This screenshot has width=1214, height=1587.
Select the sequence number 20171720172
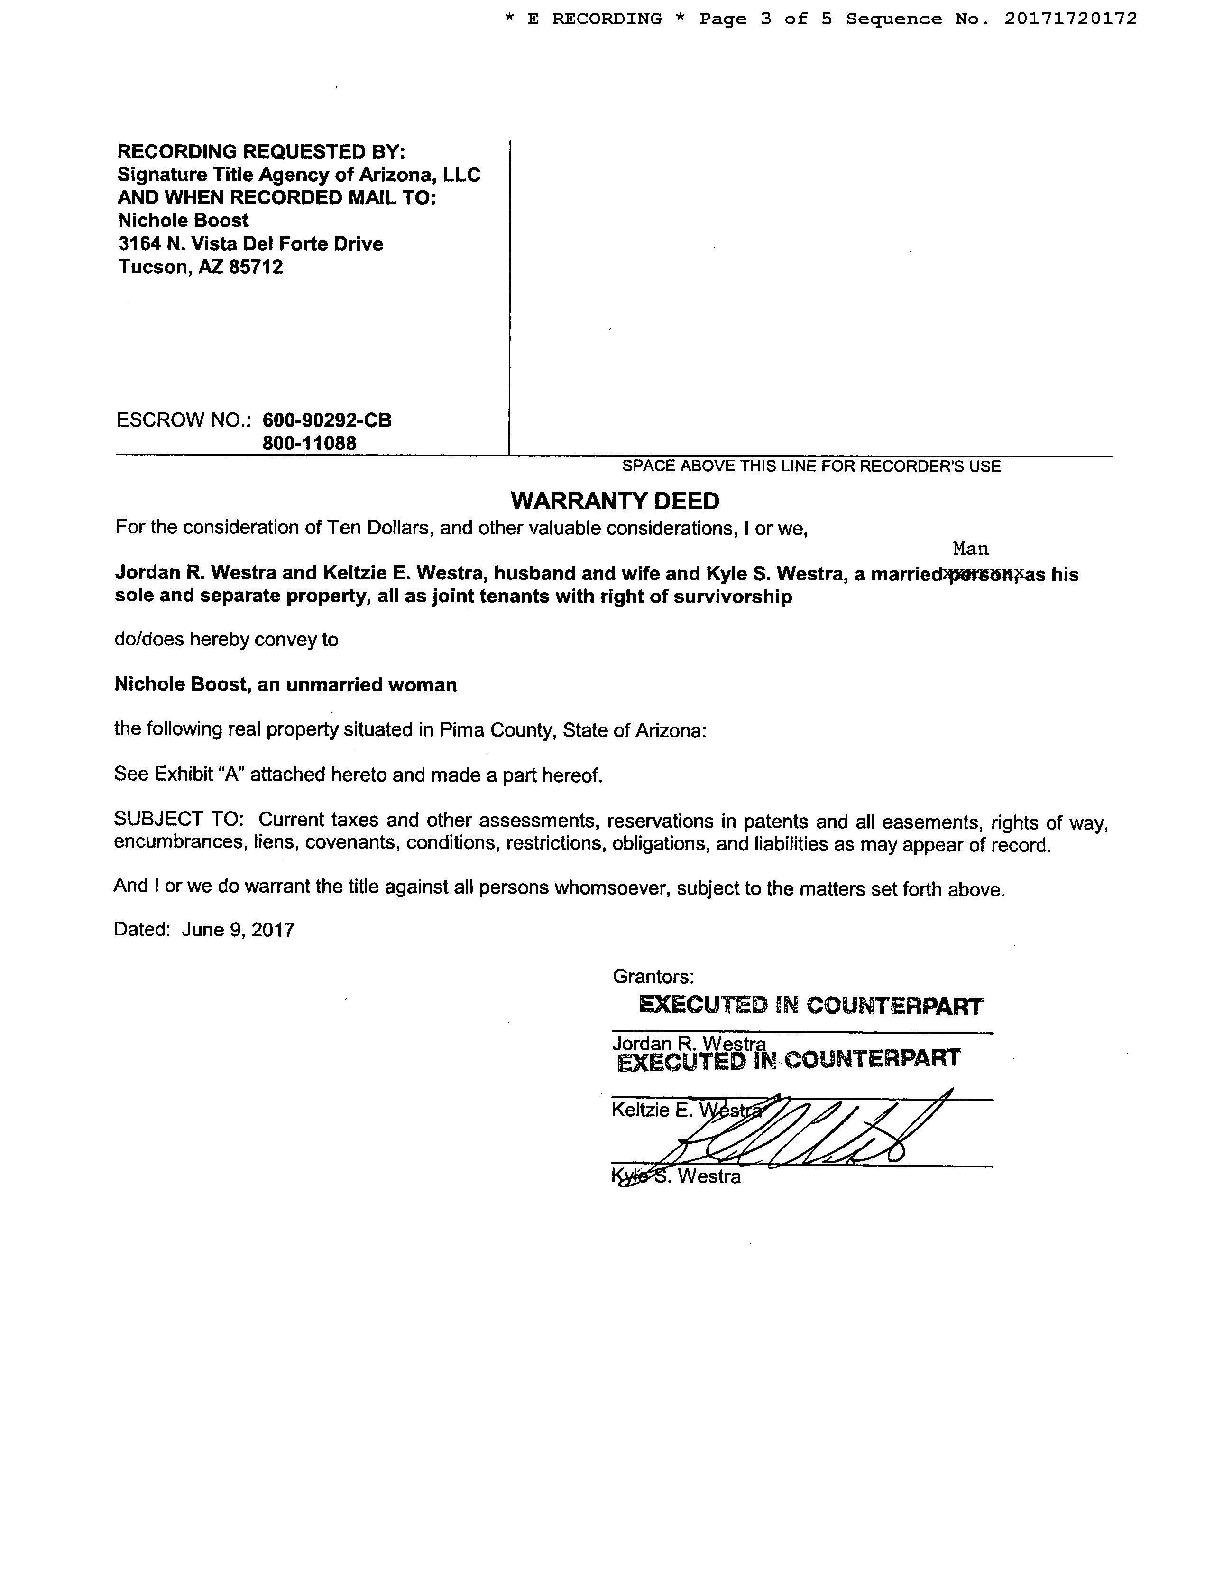click(x=1070, y=19)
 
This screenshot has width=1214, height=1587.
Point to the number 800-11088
click(x=309, y=443)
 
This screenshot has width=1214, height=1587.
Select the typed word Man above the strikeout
click(x=970, y=549)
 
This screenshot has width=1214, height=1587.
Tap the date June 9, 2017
click(x=238, y=930)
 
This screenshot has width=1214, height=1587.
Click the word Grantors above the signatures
click(x=653, y=977)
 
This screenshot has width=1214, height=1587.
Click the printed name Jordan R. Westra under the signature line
click(x=689, y=1043)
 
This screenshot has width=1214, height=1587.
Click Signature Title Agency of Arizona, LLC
click(x=298, y=175)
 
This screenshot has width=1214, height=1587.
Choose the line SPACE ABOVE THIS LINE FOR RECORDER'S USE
click(x=811, y=467)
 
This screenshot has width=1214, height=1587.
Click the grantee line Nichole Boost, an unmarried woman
click(x=285, y=685)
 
